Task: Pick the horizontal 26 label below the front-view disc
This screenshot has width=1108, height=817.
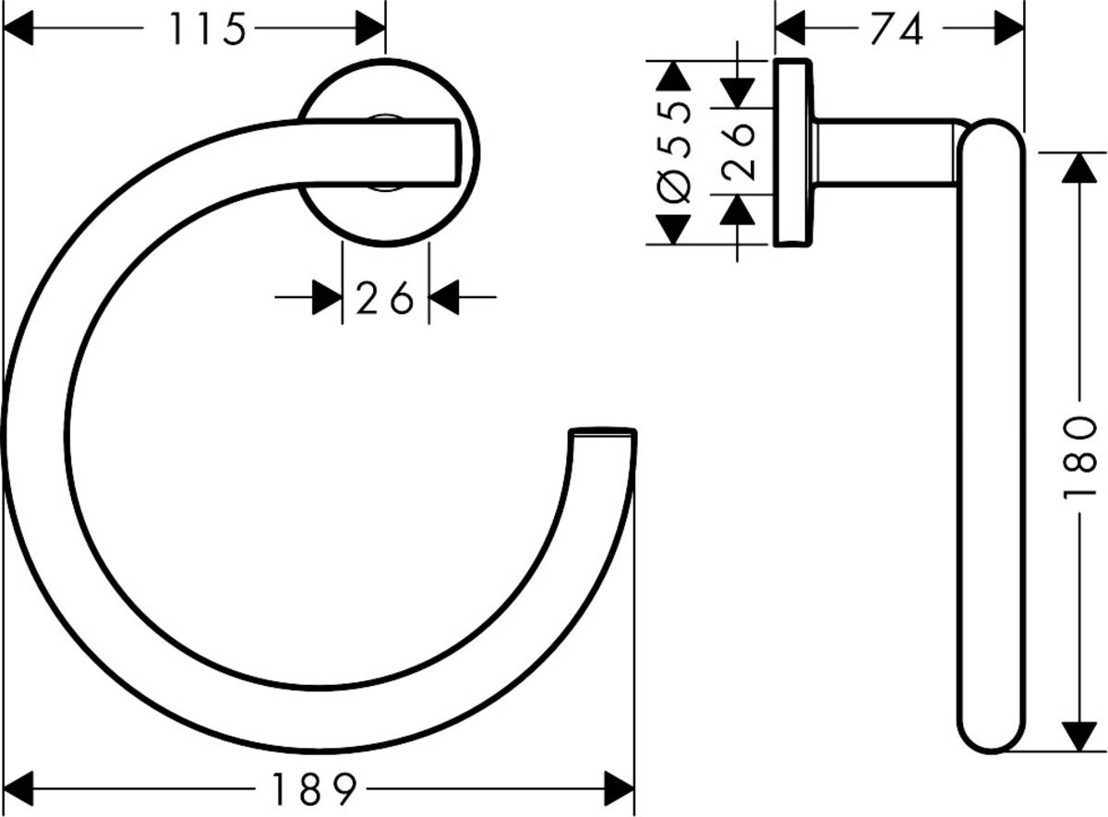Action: (x=384, y=298)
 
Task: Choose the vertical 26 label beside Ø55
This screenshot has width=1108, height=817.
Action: (x=738, y=151)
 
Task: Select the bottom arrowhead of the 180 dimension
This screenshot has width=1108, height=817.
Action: (x=1077, y=737)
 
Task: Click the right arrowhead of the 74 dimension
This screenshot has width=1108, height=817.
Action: (x=1009, y=30)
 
